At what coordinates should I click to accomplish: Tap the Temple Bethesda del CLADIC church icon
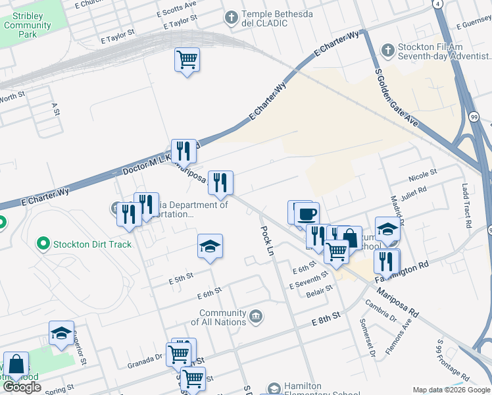coord(230,18)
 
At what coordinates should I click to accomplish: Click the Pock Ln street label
coord(267,241)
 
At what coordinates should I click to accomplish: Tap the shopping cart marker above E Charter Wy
coord(187,61)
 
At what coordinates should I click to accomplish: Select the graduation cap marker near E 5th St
coord(210,247)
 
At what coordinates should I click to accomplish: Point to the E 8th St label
coord(326,317)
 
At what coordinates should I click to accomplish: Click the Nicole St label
coord(422,174)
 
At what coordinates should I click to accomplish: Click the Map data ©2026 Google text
coord(451,390)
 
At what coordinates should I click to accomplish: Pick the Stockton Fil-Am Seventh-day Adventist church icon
coord(388,50)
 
